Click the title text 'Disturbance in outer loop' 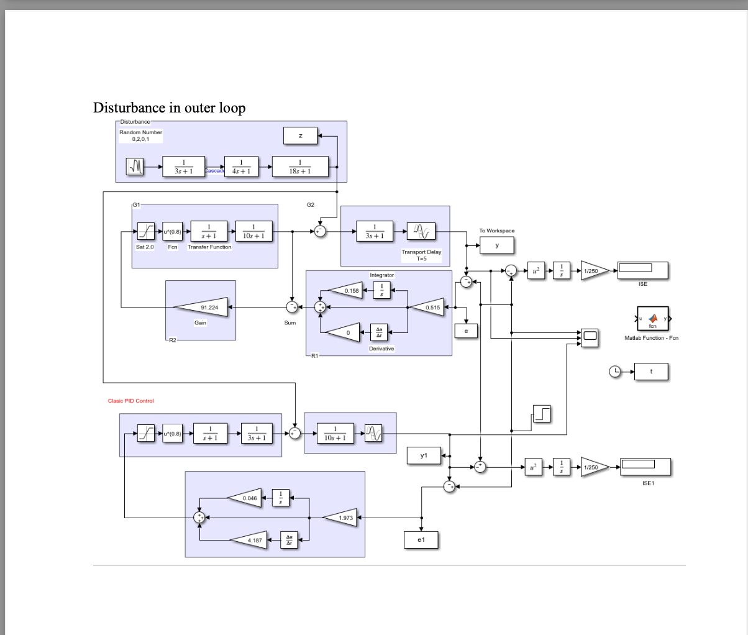[169, 107]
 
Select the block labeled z [300, 135]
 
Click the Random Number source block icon [135, 166]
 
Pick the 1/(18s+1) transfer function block [300, 166]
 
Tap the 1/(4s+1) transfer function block [241, 166]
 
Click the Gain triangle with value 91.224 [201, 307]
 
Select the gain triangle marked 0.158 [345, 290]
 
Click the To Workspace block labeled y [496, 245]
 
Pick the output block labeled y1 [424, 455]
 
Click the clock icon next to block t [614, 372]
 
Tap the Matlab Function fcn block [652, 319]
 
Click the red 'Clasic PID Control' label [130, 401]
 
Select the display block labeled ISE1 [645, 466]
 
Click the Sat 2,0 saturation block [145, 231]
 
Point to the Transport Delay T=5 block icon [421, 232]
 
